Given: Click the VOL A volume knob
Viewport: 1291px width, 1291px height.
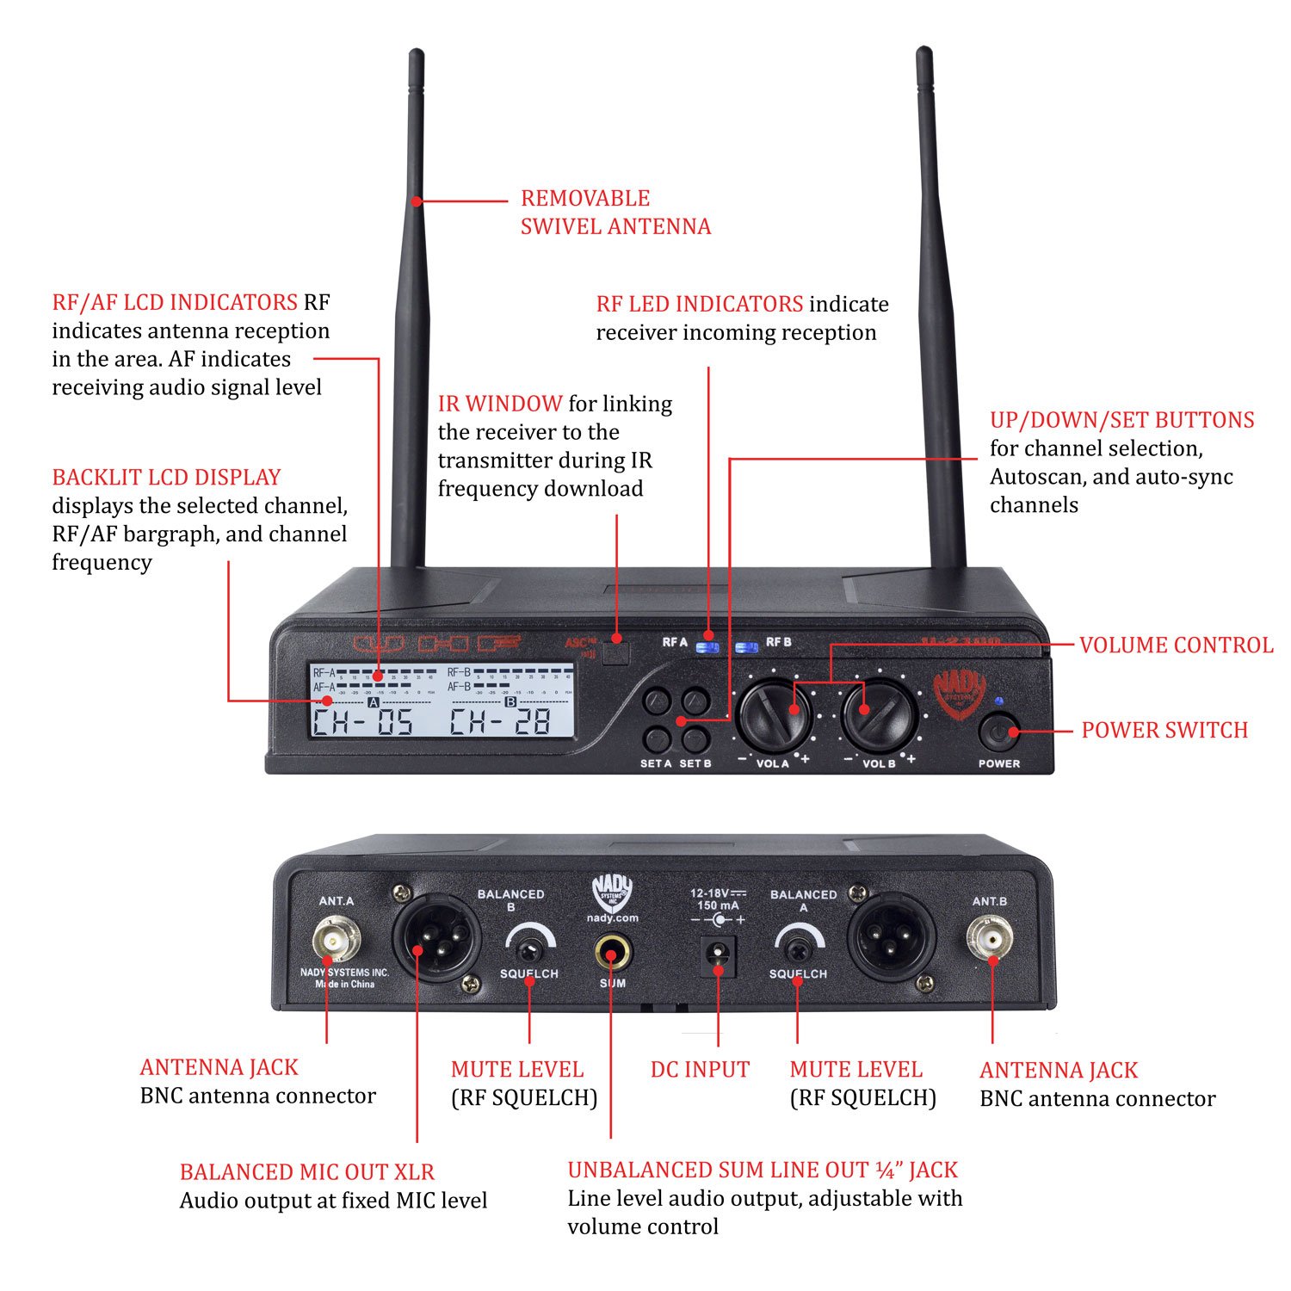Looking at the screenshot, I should (775, 716).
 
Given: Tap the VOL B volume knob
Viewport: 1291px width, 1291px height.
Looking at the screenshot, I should (878, 716).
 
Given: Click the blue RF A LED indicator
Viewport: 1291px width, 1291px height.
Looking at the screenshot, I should (707, 647).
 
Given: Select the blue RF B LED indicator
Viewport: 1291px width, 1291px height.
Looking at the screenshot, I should (746, 647).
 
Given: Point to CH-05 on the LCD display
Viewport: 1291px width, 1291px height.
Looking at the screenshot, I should (362, 721).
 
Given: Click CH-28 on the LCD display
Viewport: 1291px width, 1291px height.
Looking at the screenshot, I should (500, 721).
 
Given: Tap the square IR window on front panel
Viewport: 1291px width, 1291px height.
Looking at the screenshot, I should (615, 652).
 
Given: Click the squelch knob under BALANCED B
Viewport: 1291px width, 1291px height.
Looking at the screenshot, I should (528, 949).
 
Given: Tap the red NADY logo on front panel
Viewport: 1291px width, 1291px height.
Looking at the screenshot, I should (959, 694).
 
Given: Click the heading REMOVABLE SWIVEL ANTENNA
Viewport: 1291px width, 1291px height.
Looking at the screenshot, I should (615, 212).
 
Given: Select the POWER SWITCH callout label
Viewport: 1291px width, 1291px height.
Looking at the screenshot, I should (1164, 730).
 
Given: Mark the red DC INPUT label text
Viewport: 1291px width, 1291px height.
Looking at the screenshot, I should (700, 1070).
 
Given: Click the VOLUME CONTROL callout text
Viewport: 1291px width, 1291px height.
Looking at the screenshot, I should (1176, 645).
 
